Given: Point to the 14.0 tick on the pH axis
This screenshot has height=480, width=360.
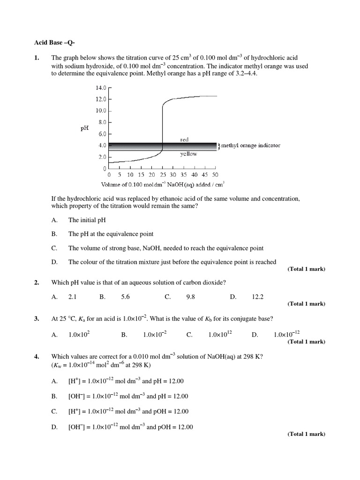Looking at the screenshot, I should (102, 88).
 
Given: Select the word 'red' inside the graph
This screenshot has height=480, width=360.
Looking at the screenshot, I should (185, 140).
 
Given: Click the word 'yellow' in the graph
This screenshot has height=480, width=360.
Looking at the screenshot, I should (188, 154).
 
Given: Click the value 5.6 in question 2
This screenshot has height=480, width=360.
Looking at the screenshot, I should (125, 297).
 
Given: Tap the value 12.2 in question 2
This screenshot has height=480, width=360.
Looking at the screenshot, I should (258, 297).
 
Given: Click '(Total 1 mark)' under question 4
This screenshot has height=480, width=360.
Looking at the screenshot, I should (306, 434).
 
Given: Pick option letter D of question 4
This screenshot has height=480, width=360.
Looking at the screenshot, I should (54, 427).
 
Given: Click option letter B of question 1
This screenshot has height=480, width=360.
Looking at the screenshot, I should (54, 234).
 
